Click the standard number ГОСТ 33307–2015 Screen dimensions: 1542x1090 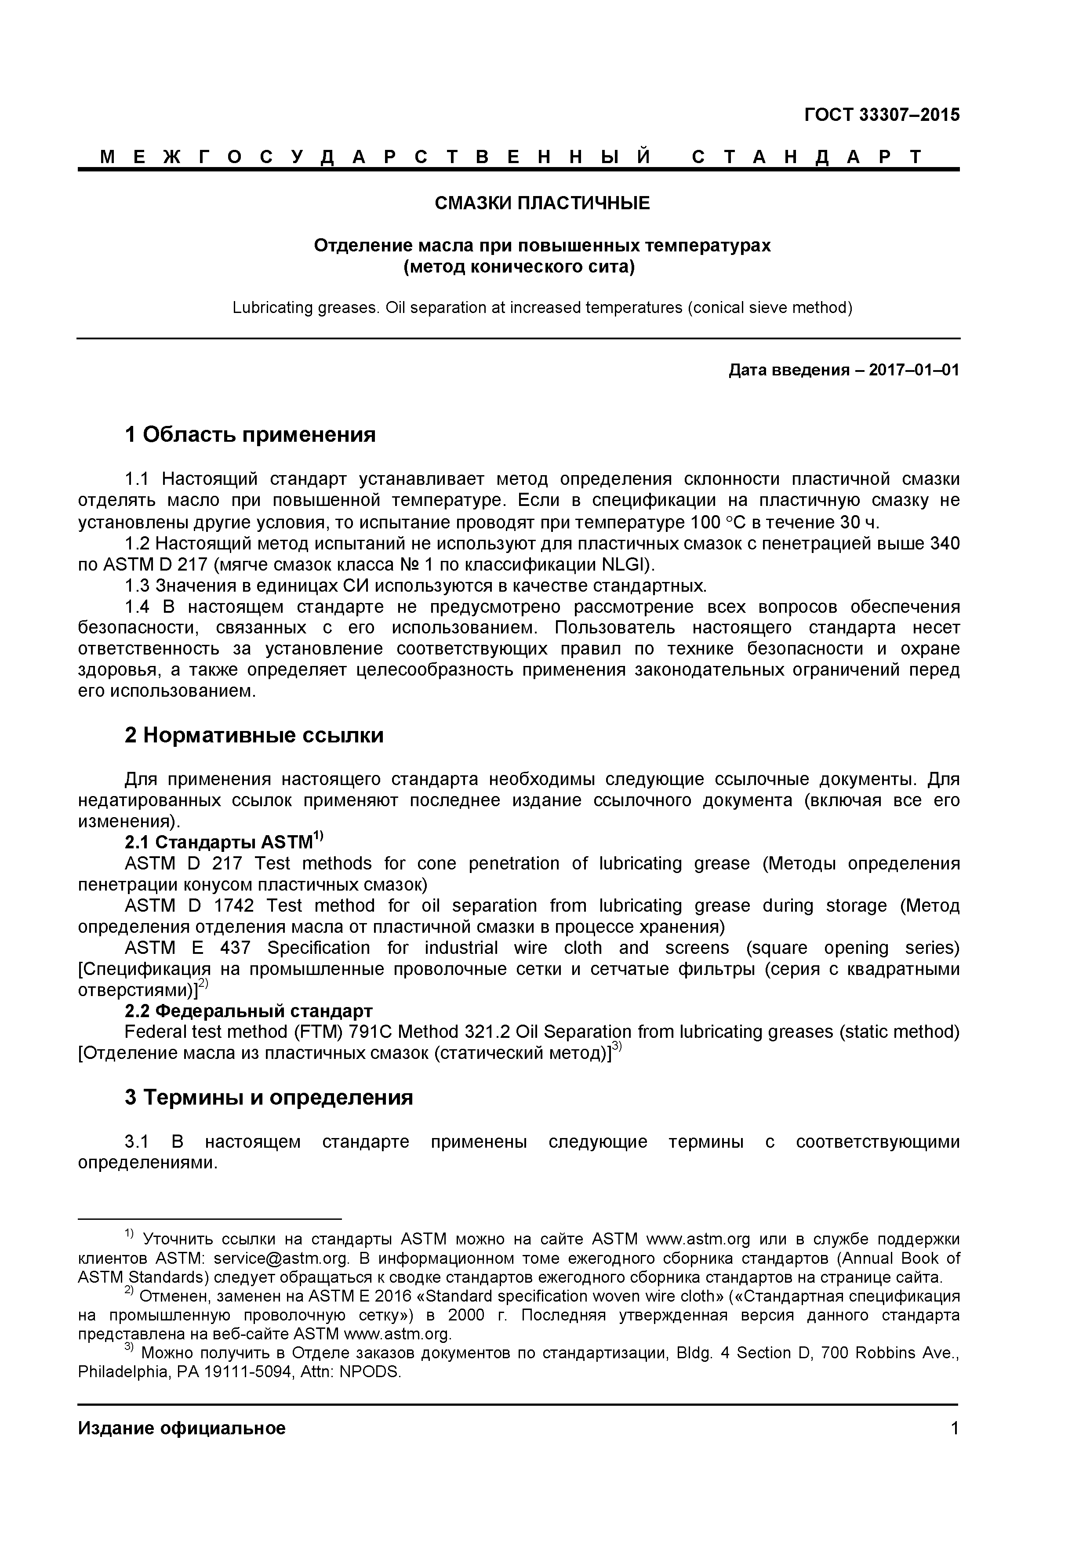coord(881,115)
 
